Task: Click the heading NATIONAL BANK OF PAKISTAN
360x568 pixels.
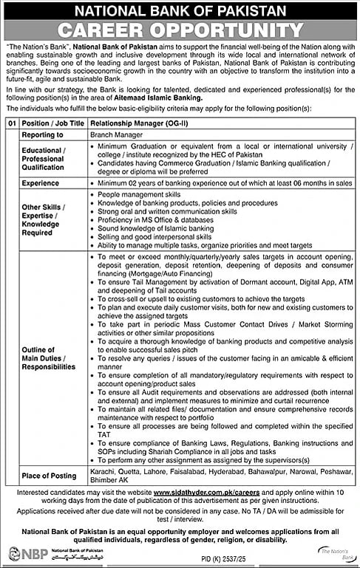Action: coord(180,11)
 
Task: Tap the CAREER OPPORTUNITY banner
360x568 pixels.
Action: coord(180,30)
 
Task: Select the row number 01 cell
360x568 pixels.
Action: coord(10,123)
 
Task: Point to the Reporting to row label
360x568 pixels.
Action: coord(42,135)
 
